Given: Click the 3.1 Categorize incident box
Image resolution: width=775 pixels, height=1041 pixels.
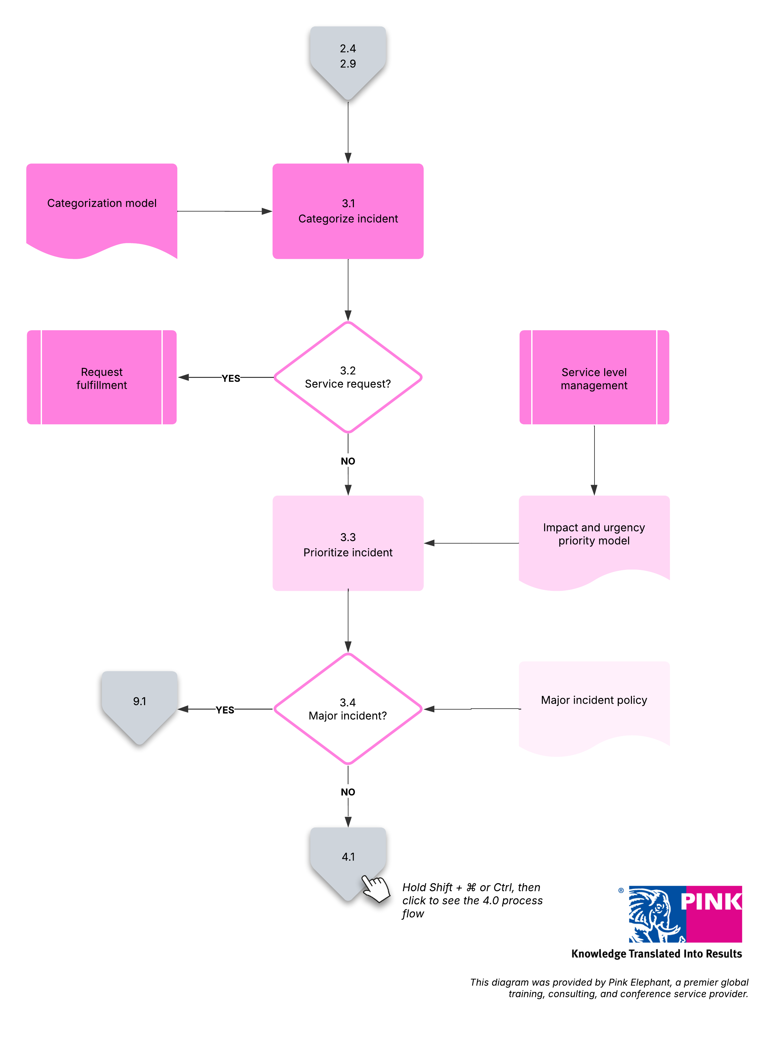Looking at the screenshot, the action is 348,211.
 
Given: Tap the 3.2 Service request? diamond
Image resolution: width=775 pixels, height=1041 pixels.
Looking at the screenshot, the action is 348,377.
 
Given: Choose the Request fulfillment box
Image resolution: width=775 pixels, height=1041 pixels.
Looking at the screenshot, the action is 102,377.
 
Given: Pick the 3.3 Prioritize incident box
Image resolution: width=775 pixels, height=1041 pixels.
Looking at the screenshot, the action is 348,543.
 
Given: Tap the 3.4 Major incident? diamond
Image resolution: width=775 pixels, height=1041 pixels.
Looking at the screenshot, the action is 348,709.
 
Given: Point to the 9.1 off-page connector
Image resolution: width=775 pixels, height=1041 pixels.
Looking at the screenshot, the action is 139,705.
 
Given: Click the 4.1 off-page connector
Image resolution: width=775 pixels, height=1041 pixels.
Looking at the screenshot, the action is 348,862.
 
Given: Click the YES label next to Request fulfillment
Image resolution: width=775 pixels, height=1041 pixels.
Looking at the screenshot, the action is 231,378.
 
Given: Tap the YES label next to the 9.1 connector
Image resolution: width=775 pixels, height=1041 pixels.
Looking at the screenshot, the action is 225,710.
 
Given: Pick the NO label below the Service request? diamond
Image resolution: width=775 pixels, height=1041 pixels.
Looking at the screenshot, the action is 348,461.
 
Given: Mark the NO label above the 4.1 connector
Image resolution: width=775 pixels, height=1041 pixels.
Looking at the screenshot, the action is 348,792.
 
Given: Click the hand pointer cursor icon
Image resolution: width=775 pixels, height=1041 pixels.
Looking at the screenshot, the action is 376,888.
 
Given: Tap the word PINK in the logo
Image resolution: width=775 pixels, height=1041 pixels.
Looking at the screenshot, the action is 711,901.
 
